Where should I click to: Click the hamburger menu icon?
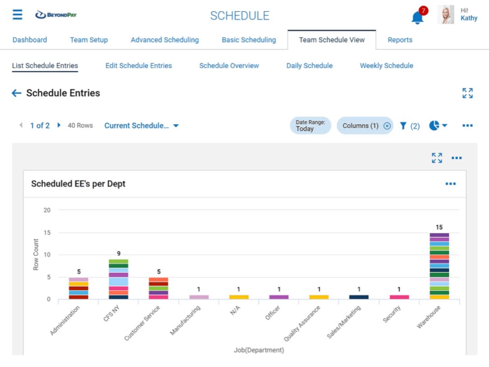pyautogui.click(x=17, y=16)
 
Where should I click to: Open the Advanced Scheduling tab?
pyautogui.click(x=165, y=40)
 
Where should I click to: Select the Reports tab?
pyautogui.click(x=400, y=40)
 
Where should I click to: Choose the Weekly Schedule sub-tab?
pyautogui.click(x=386, y=65)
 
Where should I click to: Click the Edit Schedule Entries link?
pyautogui.click(x=138, y=65)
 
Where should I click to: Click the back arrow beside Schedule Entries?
pyautogui.click(x=17, y=93)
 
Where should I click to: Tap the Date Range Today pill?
pyautogui.click(x=310, y=125)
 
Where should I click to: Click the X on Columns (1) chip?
pyautogui.click(x=387, y=126)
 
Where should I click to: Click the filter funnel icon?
pyautogui.click(x=403, y=126)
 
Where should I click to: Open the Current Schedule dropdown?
pyautogui.click(x=141, y=125)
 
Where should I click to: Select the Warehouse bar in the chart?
pyautogui.click(x=439, y=266)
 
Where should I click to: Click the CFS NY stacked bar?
pyautogui.click(x=119, y=279)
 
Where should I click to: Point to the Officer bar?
pyautogui.click(x=279, y=297)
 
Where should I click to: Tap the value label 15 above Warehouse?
pyautogui.click(x=439, y=227)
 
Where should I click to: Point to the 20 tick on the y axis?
pyautogui.click(x=47, y=210)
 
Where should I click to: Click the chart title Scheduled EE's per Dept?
pyautogui.click(x=78, y=184)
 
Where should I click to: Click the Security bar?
pyautogui.click(x=399, y=297)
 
